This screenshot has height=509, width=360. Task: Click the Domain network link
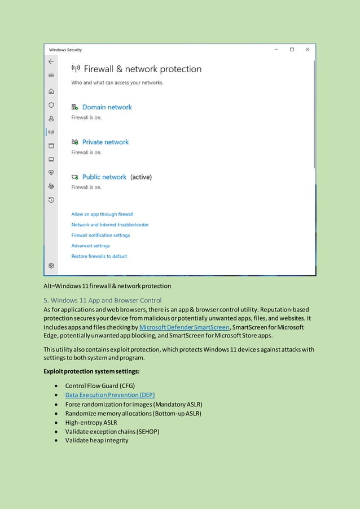pyautogui.click(x=107, y=107)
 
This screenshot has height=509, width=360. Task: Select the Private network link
pyautogui.click(x=105, y=142)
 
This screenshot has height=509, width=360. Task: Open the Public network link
pyautogui.click(x=104, y=177)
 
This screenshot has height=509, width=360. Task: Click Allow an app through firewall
pyautogui.click(x=102, y=214)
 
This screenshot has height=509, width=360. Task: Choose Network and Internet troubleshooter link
pyautogui.click(x=110, y=225)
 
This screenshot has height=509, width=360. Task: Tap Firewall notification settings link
pyautogui.click(x=100, y=235)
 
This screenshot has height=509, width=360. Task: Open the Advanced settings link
pyautogui.click(x=90, y=246)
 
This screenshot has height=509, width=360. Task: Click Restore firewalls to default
pyautogui.click(x=99, y=256)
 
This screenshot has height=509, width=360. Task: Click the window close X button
pyautogui.click(x=307, y=50)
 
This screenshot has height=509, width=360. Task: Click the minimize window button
pyautogui.click(x=276, y=50)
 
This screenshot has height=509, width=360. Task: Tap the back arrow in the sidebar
pyautogui.click(x=51, y=62)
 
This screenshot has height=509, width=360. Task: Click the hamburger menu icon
pyautogui.click(x=51, y=76)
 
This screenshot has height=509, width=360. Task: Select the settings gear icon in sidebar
pyautogui.click(x=51, y=265)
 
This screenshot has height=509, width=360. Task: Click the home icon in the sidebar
pyautogui.click(x=51, y=91)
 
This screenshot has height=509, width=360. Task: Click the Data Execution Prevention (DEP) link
pyautogui.click(x=109, y=395)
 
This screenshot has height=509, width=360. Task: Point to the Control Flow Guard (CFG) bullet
pyautogui.click(x=100, y=386)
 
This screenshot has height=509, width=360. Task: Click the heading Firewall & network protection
pyautogui.click(x=142, y=69)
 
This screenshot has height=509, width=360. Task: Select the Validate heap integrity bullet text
pyautogui.click(x=96, y=440)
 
